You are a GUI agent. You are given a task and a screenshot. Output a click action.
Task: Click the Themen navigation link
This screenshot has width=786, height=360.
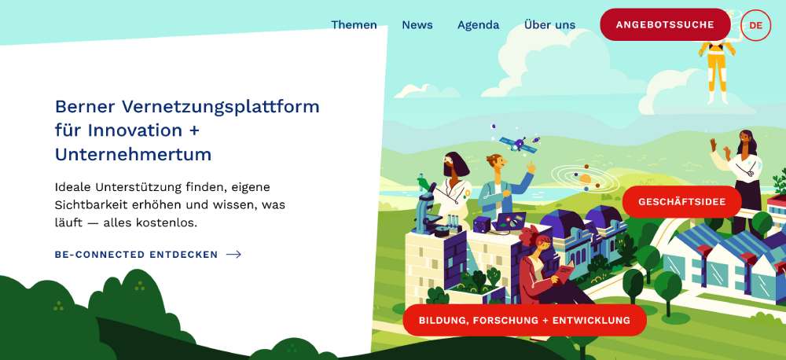pyautogui.click(x=354, y=24)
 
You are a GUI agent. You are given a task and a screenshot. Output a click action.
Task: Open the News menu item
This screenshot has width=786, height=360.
pyautogui.click(x=417, y=24)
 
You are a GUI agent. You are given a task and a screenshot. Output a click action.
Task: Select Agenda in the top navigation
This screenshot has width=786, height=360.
pyautogui.click(x=478, y=25)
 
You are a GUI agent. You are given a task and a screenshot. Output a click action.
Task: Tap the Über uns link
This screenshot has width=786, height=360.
pyautogui.click(x=550, y=24)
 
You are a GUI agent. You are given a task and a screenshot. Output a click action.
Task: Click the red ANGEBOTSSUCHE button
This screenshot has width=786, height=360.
pyautogui.click(x=665, y=24)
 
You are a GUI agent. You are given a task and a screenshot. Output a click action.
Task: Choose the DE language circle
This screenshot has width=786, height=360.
pyautogui.click(x=755, y=24)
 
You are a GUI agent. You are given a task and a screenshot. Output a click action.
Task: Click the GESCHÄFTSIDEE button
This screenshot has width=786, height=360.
pyautogui.click(x=681, y=201)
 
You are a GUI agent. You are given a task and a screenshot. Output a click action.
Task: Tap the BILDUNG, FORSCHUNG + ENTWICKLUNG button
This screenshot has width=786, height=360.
pyautogui.click(x=524, y=320)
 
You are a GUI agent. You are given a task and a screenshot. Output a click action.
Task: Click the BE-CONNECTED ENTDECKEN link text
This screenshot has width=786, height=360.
pyautogui.click(x=136, y=255)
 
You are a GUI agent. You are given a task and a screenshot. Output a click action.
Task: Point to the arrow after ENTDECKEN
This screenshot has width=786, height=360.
pyautogui.click(x=233, y=255)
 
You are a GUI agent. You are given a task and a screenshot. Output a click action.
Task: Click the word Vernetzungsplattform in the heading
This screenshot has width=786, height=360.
pyautogui.click(x=221, y=107)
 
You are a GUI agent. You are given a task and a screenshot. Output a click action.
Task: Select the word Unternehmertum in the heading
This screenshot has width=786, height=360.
pyautogui.click(x=134, y=154)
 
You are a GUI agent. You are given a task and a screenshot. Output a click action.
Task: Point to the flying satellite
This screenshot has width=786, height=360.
pyautogui.click(x=518, y=143)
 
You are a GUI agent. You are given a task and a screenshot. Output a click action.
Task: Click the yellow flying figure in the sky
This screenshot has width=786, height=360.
pyautogui.click(x=718, y=70)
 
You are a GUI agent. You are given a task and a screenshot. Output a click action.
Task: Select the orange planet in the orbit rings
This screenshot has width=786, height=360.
pyautogui.click(x=586, y=178)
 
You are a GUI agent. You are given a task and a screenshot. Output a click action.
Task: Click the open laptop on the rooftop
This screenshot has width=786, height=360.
pyautogui.click(x=509, y=221)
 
